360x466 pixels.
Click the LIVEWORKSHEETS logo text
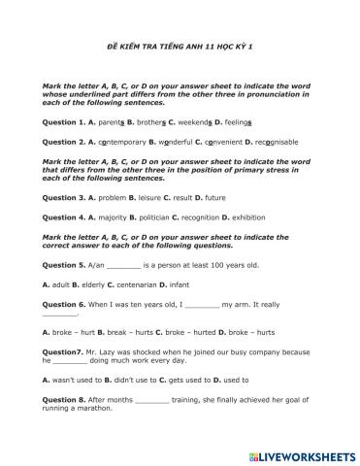(x=301, y=453)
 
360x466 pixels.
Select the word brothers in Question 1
(x=150, y=123)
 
